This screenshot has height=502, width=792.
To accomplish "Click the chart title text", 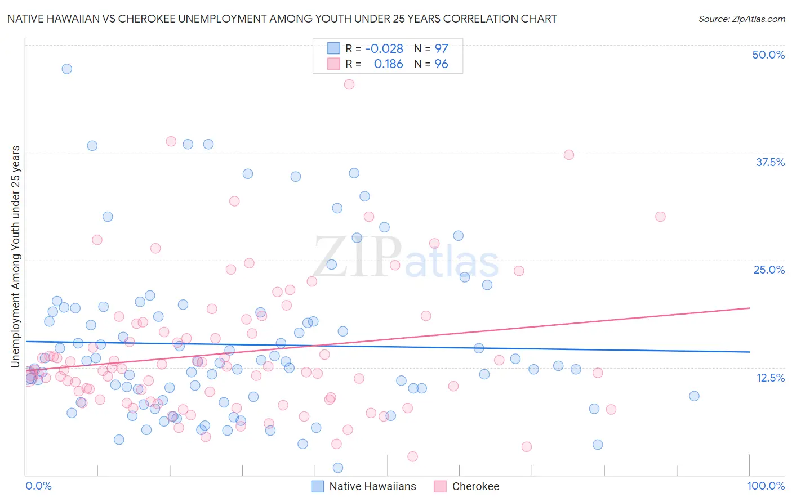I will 282,19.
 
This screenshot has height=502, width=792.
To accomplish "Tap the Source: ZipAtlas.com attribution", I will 741,19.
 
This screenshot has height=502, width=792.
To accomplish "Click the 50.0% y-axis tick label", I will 768,55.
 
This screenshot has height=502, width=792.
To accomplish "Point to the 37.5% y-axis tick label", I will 770,162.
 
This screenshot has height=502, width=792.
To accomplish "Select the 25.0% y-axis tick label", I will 769,270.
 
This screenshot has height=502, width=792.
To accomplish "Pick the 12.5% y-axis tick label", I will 770,378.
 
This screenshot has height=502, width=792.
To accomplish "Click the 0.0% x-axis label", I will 38,486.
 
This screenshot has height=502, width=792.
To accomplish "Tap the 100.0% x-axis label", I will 766,486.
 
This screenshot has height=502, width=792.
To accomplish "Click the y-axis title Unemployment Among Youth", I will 16,257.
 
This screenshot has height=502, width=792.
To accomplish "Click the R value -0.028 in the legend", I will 384,49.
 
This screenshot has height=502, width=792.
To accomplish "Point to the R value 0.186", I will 388,64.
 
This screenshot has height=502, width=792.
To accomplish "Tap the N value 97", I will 441,49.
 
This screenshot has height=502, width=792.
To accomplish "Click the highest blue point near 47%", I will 66,69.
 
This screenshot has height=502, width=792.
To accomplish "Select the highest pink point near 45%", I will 349,84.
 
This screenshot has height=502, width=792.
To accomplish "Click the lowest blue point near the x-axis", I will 338,468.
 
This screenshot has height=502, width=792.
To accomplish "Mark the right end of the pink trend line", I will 749,308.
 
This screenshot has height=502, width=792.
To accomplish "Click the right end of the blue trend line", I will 749,352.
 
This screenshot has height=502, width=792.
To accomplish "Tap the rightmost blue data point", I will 694,396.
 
